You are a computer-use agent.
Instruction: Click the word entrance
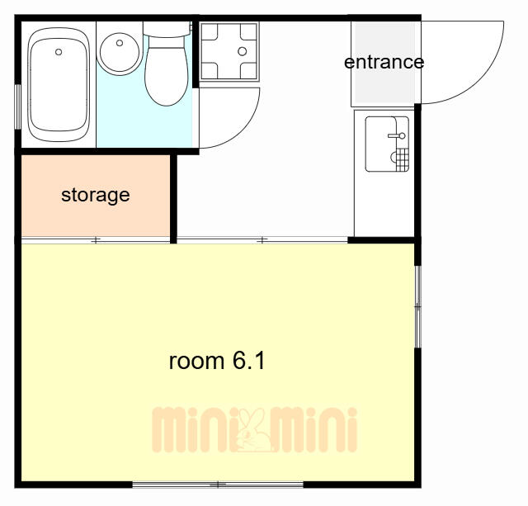click(x=384, y=63)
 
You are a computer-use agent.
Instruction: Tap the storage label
click(x=96, y=195)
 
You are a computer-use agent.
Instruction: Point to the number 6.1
click(x=249, y=361)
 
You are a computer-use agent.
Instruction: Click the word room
click(x=196, y=362)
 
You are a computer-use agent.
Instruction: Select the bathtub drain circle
click(x=59, y=52)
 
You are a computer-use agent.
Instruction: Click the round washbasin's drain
click(x=120, y=43)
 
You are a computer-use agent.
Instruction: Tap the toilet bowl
click(x=167, y=76)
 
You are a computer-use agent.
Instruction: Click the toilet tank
click(x=167, y=29)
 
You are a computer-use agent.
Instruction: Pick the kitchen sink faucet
click(x=397, y=135)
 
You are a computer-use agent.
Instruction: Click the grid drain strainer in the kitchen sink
click(x=403, y=159)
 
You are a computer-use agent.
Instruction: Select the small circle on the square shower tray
click(x=242, y=51)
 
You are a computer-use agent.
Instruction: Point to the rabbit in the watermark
click(x=253, y=430)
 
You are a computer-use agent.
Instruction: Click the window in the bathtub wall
click(x=17, y=106)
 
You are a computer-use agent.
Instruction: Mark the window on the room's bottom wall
click(x=218, y=485)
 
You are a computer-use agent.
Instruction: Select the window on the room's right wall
click(x=417, y=306)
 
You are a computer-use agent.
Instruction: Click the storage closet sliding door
click(x=96, y=240)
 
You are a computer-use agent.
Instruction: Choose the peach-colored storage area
click(x=96, y=196)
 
